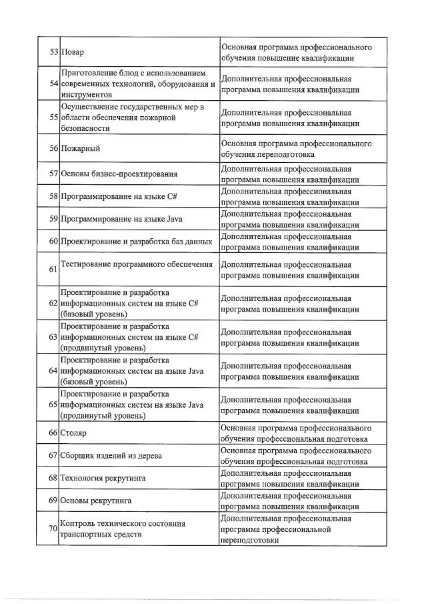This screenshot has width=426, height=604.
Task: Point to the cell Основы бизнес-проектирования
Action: (119, 174)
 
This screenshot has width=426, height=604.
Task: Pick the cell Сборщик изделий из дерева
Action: (111, 455)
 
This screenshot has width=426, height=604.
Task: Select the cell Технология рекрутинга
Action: (103, 478)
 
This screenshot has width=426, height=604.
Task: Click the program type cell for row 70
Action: (295, 529)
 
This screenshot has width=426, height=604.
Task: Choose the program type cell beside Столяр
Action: (295, 432)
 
